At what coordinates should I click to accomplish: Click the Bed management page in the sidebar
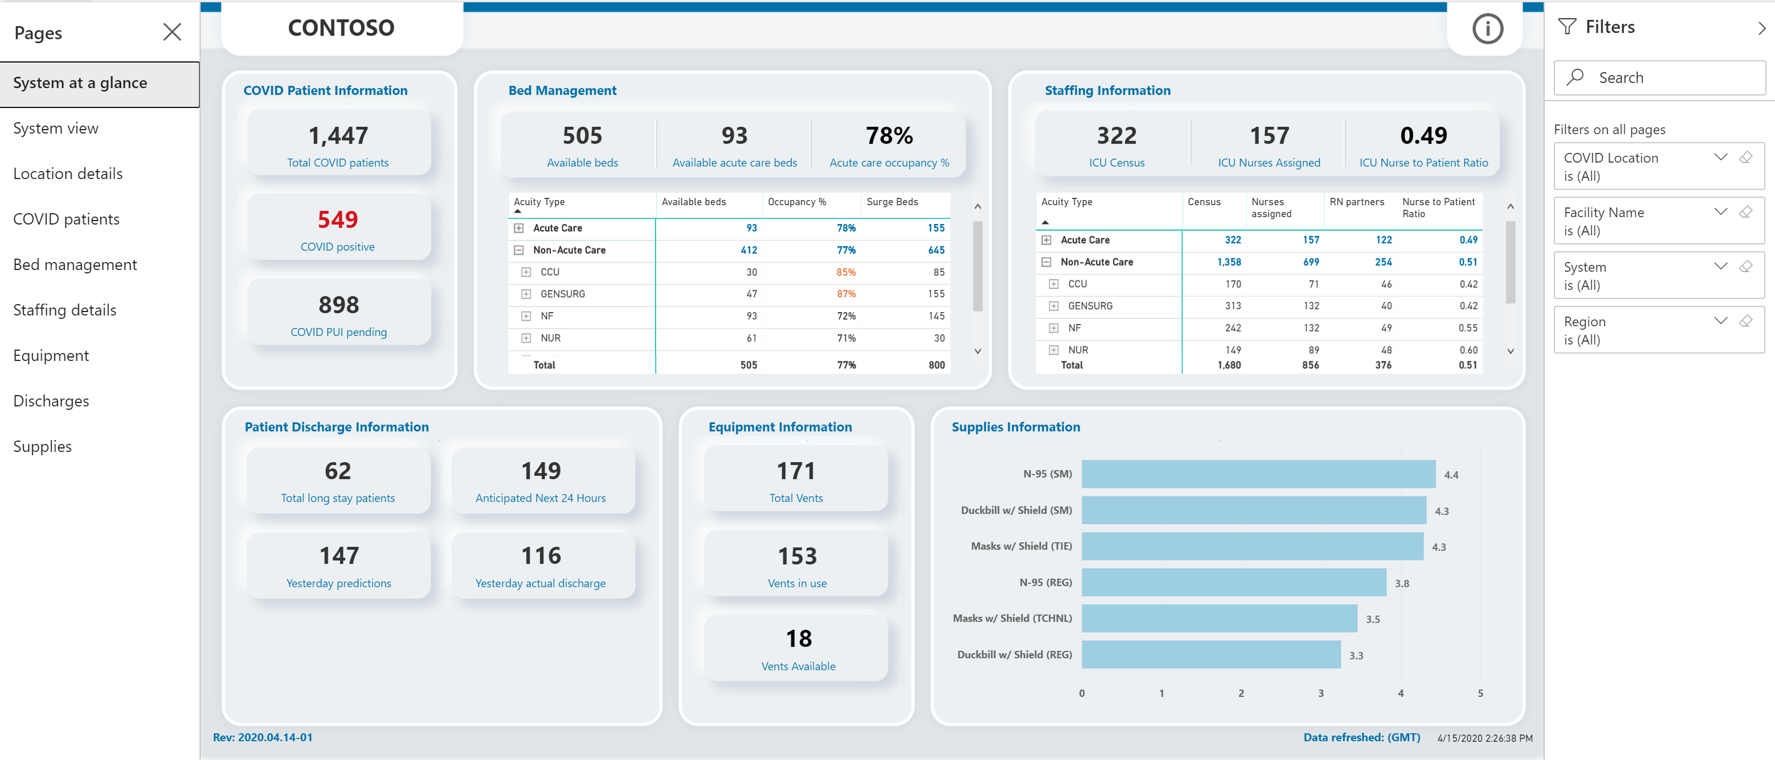[75, 264]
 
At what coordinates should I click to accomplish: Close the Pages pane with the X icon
[172, 32]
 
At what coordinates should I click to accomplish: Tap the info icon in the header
[1487, 29]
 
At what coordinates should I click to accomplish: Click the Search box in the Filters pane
[1659, 78]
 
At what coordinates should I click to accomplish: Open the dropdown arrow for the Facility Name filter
[1720, 211]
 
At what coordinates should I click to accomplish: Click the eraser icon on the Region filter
[1745, 321]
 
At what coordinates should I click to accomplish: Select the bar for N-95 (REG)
[1233, 582]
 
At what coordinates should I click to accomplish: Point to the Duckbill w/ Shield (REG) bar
[1210, 655]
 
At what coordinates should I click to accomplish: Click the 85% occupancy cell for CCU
[845, 272]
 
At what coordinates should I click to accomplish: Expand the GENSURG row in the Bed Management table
[526, 294]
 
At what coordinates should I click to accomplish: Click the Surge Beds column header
[891, 202]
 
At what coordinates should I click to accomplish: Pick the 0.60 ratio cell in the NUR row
[1467, 350]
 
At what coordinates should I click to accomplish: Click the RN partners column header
[1356, 202]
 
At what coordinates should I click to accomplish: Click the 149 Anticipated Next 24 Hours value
[541, 471]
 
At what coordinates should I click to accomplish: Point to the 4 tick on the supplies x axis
[1400, 693]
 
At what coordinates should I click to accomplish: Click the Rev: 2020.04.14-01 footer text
[263, 737]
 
